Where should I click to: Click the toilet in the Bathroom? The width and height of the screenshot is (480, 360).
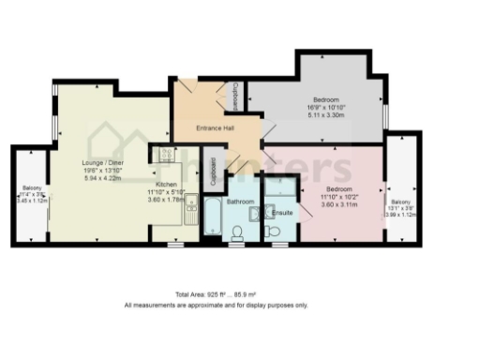(236, 233)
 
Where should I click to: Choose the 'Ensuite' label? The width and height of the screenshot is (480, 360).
(280, 214)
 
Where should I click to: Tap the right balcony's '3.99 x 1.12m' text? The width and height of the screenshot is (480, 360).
(400, 214)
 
